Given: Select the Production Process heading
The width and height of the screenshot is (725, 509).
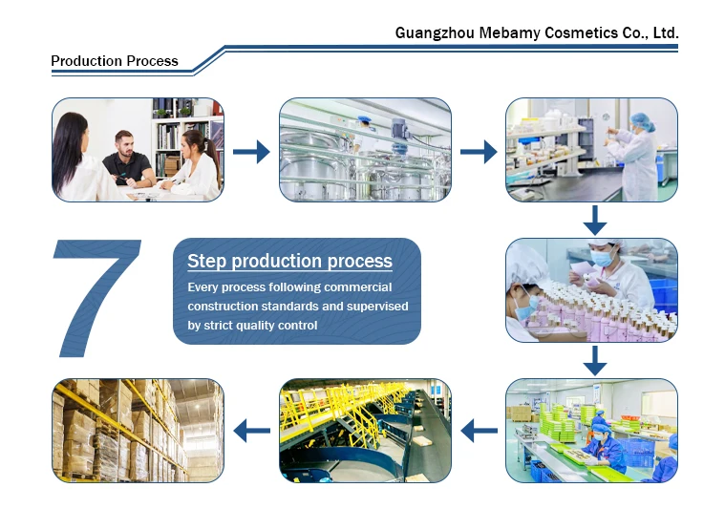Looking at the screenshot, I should [x=115, y=61].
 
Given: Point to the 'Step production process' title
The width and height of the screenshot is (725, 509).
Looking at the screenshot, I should [x=289, y=261].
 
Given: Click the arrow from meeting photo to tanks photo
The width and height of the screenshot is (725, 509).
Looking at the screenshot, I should [x=251, y=151].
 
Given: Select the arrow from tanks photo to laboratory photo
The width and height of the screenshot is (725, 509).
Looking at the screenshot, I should [x=479, y=151].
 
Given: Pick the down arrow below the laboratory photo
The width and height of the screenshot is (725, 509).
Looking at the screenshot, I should [x=595, y=220].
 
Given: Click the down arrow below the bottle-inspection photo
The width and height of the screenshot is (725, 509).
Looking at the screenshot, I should [x=595, y=360].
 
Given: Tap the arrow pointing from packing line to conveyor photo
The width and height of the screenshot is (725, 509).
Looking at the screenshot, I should [x=479, y=431].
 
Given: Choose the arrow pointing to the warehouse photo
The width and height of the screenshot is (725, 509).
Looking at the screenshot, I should [x=251, y=431].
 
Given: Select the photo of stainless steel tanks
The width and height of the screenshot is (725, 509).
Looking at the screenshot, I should [x=365, y=149].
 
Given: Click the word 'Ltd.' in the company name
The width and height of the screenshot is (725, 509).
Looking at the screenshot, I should [x=664, y=33].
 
